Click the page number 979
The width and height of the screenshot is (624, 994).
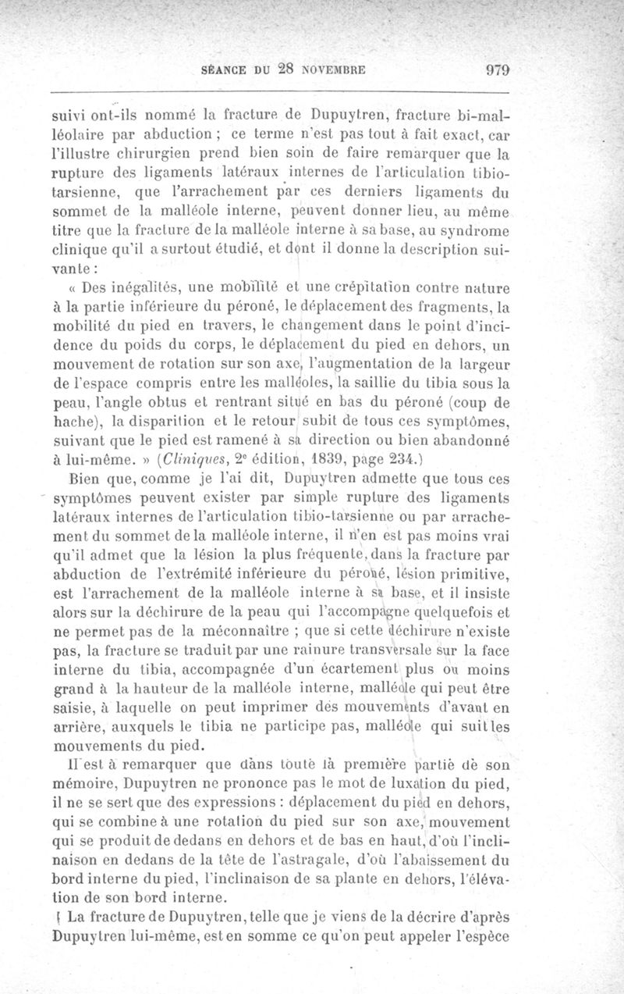(498, 68)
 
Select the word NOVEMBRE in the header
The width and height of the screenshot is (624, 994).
(322, 68)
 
